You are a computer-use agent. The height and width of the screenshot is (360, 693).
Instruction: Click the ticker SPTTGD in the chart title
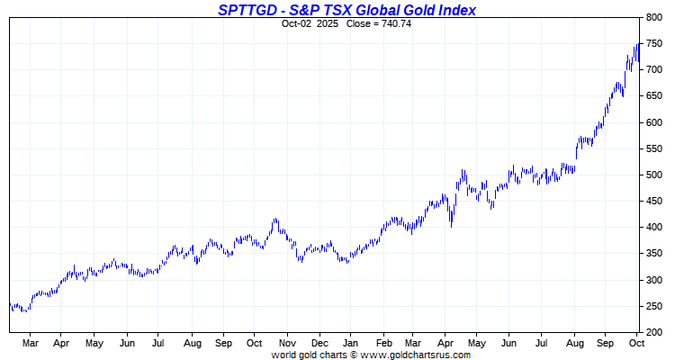click(x=248, y=10)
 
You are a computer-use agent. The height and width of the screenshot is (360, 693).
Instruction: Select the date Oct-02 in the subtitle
click(x=297, y=22)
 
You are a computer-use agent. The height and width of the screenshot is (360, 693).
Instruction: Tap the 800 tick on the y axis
click(x=653, y=17)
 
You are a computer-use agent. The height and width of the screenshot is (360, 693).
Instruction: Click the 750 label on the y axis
click(x=653, y=43)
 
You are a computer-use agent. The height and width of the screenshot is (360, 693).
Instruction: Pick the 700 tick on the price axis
click(x=653, y=69)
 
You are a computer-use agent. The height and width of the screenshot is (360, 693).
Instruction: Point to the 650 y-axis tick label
click(x=653, y=96)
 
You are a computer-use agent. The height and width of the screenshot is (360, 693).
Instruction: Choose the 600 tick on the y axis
click(x=653, y=122)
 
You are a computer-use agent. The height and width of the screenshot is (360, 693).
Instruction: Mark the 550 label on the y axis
click(x=653, y=148)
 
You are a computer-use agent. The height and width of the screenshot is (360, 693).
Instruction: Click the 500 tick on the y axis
click(x=653, y=175)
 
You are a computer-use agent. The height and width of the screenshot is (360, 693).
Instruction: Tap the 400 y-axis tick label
click(x=653, y=228)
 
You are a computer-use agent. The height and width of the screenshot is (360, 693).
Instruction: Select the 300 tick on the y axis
click(x=653, y=280)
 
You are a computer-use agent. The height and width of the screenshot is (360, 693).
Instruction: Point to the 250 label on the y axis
click(x=653, y=306)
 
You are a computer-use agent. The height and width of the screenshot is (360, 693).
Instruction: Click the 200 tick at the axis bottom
click(x=653, y=332)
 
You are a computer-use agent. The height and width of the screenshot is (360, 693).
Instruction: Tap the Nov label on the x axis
click(x=287, y=343)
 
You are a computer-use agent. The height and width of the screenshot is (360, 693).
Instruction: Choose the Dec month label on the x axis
click(x=319, y=343)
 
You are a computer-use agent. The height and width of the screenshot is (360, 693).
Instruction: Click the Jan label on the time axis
click(x=351, y=343)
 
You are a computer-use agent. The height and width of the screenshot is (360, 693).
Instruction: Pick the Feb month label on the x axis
click(x=383, y=343)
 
